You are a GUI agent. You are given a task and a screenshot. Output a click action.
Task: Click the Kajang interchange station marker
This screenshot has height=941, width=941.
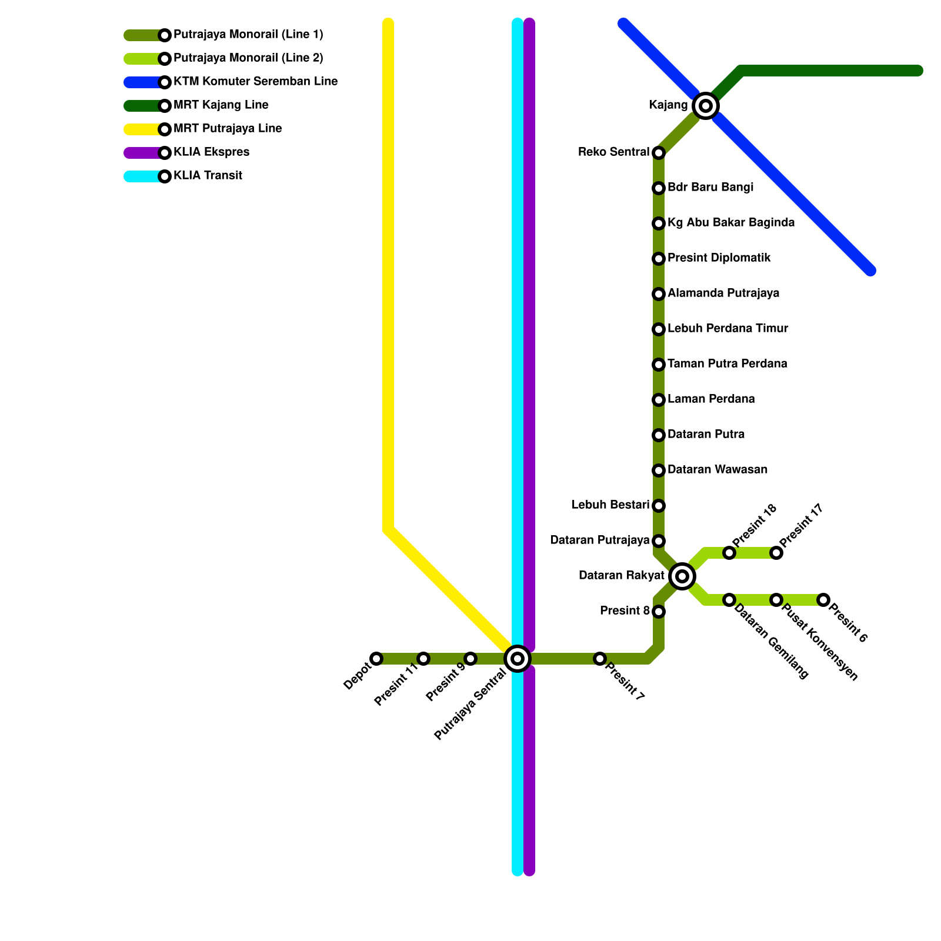(706, 106)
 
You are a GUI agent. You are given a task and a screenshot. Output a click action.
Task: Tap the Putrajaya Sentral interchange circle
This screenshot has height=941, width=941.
(518, 659)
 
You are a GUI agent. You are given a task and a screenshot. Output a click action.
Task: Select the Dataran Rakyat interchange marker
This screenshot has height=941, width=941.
(682, 576)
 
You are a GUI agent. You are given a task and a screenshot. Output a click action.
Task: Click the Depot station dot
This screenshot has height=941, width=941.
(376, 659)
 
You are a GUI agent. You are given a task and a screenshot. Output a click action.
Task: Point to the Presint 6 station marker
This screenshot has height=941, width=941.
(823, 600)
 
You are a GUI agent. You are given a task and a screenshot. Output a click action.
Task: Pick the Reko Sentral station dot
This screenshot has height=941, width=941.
(659, 153)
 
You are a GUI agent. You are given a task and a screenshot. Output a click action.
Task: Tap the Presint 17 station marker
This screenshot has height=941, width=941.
(776, 553)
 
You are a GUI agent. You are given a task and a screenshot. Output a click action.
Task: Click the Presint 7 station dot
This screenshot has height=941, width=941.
(600, 659)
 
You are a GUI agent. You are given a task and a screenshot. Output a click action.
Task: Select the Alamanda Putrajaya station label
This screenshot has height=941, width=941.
(723, 293)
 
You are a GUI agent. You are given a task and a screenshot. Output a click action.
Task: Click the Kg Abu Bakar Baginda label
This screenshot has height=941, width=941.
(731, 223)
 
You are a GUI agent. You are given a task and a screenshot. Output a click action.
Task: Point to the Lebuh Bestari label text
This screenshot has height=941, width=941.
(610, 505)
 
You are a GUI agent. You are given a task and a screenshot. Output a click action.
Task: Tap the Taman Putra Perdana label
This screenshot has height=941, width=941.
(727, 364)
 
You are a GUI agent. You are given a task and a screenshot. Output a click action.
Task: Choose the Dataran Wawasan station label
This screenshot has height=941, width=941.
(718, 470)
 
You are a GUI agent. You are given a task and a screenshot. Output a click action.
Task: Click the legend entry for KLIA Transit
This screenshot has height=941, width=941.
(208, 176)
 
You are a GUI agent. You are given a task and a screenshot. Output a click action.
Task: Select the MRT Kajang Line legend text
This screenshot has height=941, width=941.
(221, 105)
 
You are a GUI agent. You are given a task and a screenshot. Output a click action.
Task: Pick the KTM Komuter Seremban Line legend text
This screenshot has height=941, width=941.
(255, 82)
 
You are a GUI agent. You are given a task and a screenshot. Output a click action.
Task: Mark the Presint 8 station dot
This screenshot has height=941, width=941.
(659, 612)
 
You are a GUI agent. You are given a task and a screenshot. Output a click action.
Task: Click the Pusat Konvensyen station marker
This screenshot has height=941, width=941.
(776, 600)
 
